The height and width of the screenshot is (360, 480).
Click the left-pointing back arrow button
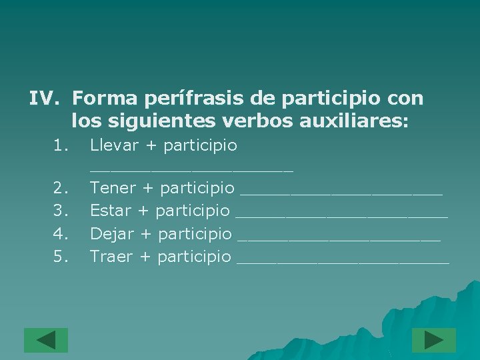pyautogui.click(x=46, y=340)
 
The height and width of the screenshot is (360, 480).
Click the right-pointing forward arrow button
pyautogui.click(x=433, y=340)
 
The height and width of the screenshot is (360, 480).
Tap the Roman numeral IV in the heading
pyautogui.click(x=45, y=99)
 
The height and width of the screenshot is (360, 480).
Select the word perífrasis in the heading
pyautogui.click(x=191, y=99)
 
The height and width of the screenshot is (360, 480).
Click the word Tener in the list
pyautogui.click(x=113, y=189)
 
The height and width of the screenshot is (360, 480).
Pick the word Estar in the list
pyautogui.click(x=110, y=211)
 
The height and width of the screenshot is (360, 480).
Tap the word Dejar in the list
pyautogui.click(x=111, y=233)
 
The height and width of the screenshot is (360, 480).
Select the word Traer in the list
pyautogui.click(x=111, y=256)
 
